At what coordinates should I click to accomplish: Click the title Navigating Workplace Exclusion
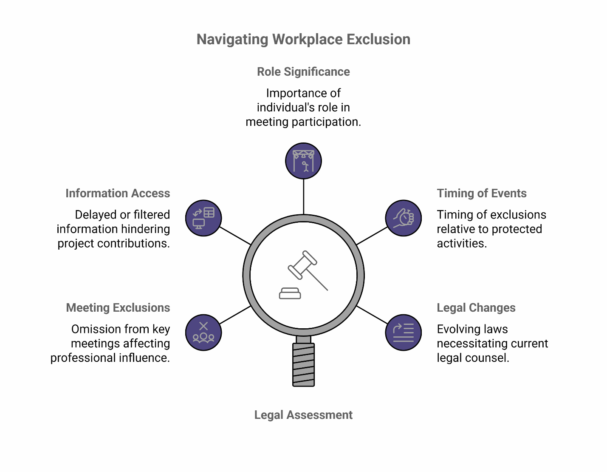(x=303, y=40)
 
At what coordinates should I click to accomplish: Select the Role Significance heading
(x=303, y=72)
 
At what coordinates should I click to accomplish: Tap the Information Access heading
(x=118, y=193)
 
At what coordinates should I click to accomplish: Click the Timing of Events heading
(x=481, y=193)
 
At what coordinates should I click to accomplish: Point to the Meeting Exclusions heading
(x=118, y=308)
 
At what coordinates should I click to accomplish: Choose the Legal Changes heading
(x=476, y=308)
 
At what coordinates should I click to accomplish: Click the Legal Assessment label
(x=303, y=415)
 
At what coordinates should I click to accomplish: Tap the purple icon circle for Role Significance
(x=303, y=161)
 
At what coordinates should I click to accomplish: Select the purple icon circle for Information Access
(x=203, y=218)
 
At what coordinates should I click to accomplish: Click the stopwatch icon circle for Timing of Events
(x=403, y=218)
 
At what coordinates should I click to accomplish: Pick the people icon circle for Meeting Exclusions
(x=203, y=333)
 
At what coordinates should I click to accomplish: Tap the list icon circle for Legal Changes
(x=403, y=333)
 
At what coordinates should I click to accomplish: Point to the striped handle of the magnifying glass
(x=303, y=364)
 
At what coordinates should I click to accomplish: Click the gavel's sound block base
(x=290, y=294)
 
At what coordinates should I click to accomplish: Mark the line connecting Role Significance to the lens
(x=303, y=196)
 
